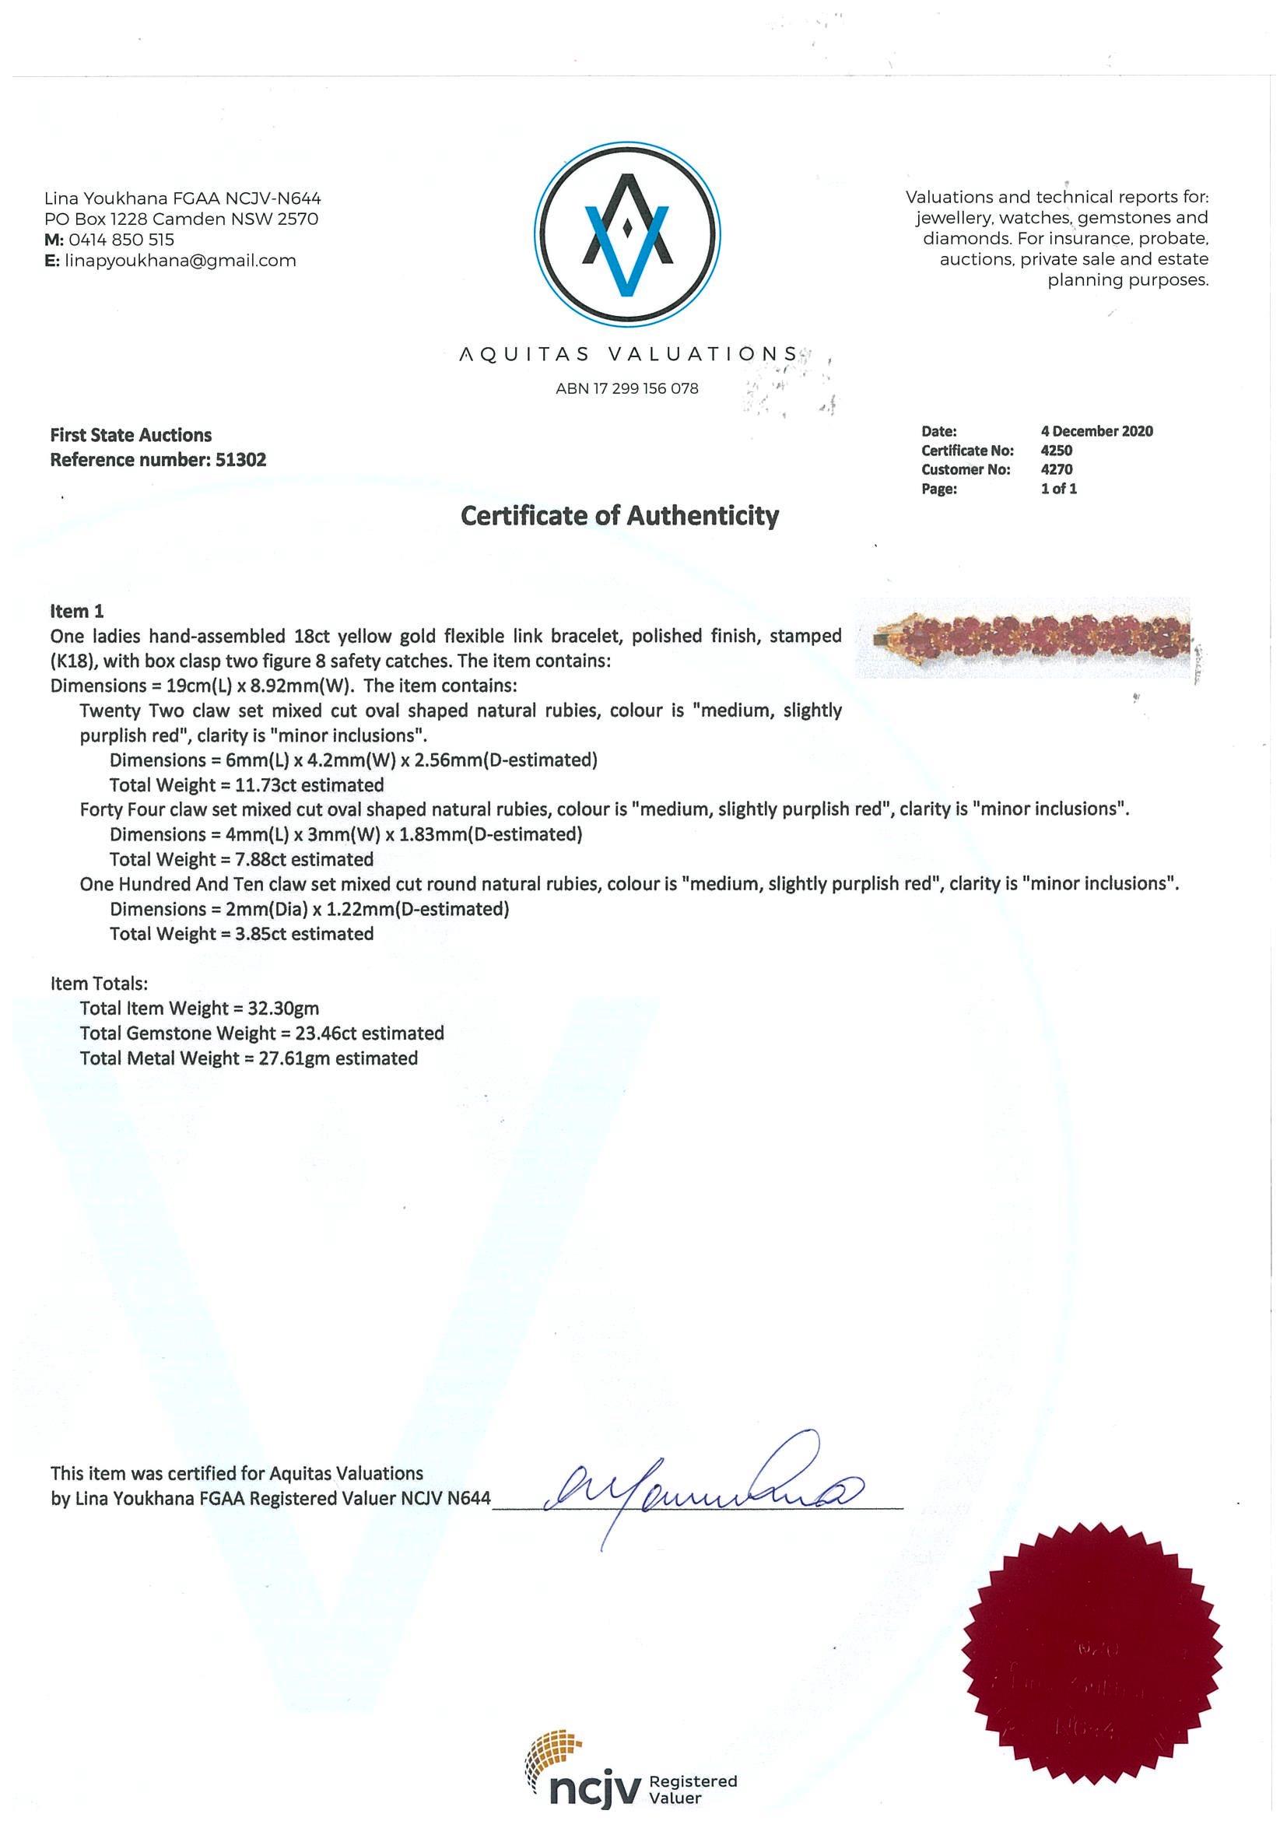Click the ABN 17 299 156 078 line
tap(626, 388)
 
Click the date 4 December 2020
tap(1096, 431)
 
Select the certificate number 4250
tap(1056, 451)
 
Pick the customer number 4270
tap(1056, 469)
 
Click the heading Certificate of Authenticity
tap(620, 516)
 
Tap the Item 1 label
tap(77, 612)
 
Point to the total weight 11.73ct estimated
tap(247, 785)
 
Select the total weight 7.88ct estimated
tap(241, 860)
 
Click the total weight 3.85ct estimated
tap(241, 935)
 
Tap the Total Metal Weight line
tap(248, 1059)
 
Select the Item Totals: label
tap(99, 984)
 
